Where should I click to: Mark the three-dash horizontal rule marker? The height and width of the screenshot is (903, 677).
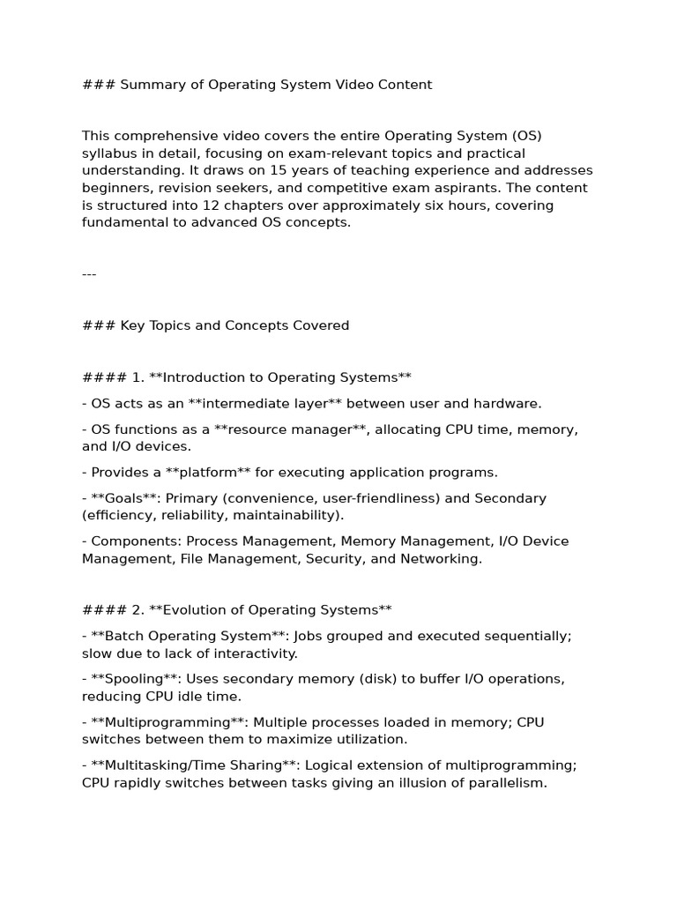(x=89, y=273)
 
